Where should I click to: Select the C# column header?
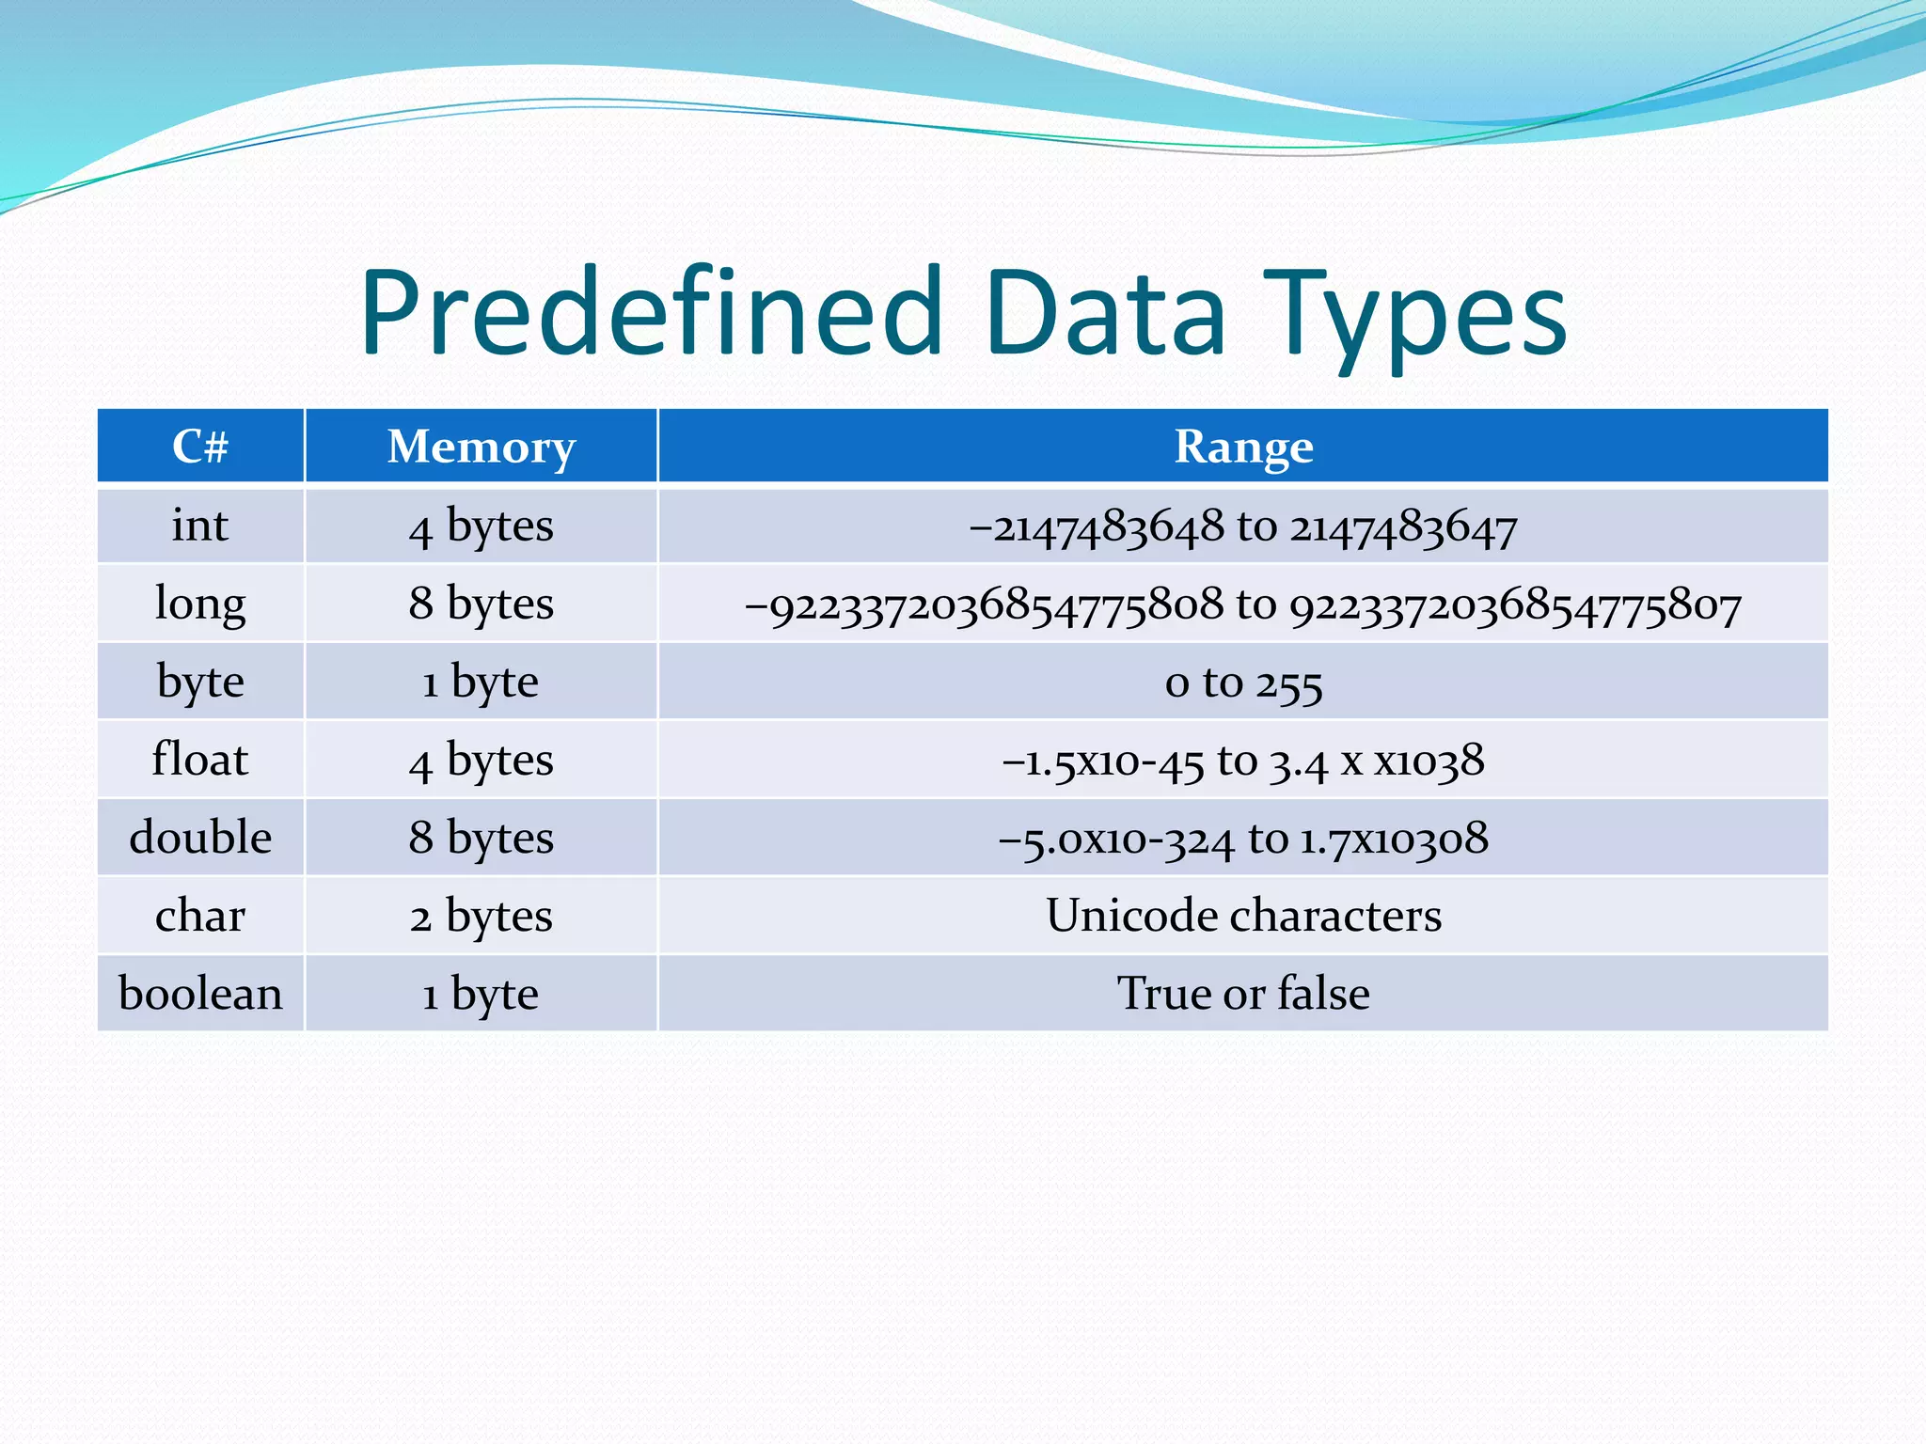(x=200, y=447)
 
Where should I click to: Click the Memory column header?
(x=481, y=447)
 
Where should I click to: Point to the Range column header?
(x=1242, y=447)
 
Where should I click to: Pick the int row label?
(x=200, y=526)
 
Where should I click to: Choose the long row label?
(x=200, y=604)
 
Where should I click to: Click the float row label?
(x=200, y=760)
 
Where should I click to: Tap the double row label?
(x=200, y=838)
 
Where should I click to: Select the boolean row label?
(x=200, y=994)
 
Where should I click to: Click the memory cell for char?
(x=481, y=916)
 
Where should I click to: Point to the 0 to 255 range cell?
(x=1242, y=683)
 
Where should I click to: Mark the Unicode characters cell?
(x=1242, y=916)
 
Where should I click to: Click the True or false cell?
(x=1242, y=994)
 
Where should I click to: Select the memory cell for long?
(x=481, y=604)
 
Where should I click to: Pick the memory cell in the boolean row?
(x=481, y=994)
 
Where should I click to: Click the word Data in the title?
(x=1105, y=313)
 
